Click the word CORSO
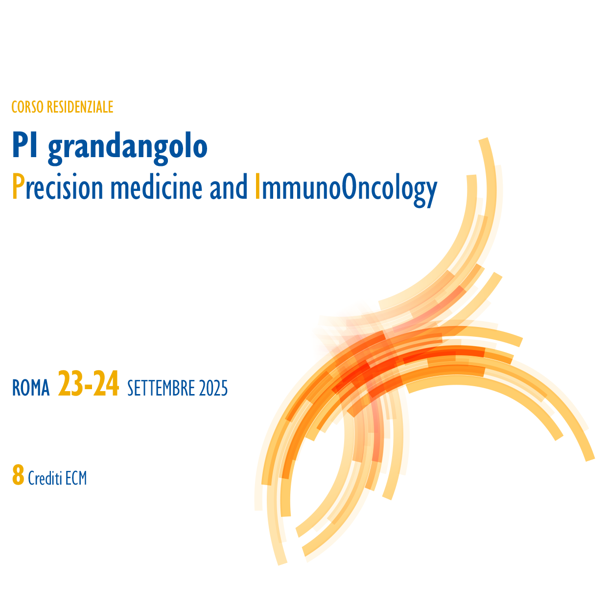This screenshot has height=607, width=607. click(x=27, y=107)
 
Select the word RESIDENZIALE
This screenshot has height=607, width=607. click(x=80, y=107)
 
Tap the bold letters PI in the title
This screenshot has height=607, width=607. click(x=25, y=145)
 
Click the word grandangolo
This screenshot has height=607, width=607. click(x=128, y=148)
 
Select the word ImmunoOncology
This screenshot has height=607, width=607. click(x=346, y=190)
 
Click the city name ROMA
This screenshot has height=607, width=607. click(x=31, y=388)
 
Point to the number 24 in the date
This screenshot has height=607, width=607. click(x=106, y=383)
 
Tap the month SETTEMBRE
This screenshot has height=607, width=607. click(x=161, y=388)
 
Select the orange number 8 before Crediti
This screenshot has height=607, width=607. click(x=18, y=475)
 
